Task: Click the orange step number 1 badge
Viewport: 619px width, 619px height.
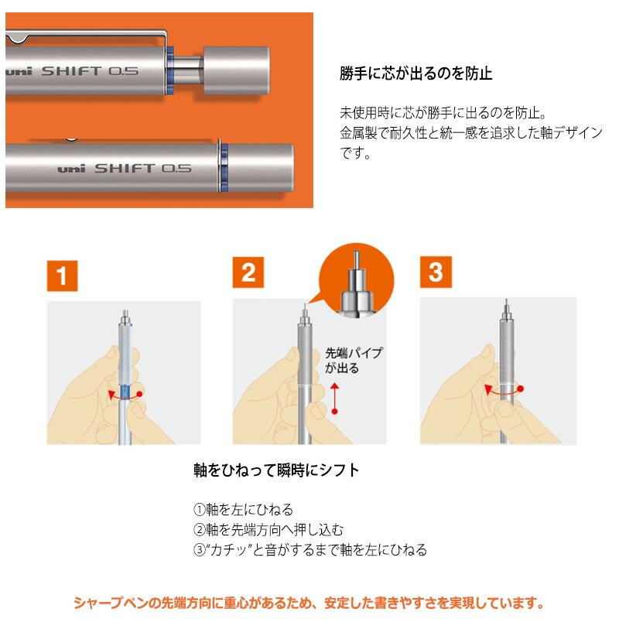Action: point(63,276)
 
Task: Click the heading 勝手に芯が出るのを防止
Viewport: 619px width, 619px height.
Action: point(416,74)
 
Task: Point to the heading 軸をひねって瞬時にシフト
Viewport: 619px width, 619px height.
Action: point(276,470)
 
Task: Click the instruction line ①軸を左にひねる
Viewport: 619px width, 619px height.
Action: point(243,509)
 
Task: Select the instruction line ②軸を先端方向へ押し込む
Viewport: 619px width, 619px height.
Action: point(268,529)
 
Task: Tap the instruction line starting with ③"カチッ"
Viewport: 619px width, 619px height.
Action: point(309,550)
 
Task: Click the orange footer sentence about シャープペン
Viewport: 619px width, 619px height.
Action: point(309,602)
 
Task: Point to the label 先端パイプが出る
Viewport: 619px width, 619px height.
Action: point(353,361)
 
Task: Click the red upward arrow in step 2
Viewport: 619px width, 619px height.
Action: point(334,398)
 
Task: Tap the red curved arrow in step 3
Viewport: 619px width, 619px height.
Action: point(501,392)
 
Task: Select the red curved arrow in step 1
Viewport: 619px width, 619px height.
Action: point(124,395)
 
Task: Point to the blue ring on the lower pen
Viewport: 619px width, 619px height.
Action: point(223,166)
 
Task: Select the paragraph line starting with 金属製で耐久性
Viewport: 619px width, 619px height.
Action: point(470,132)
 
